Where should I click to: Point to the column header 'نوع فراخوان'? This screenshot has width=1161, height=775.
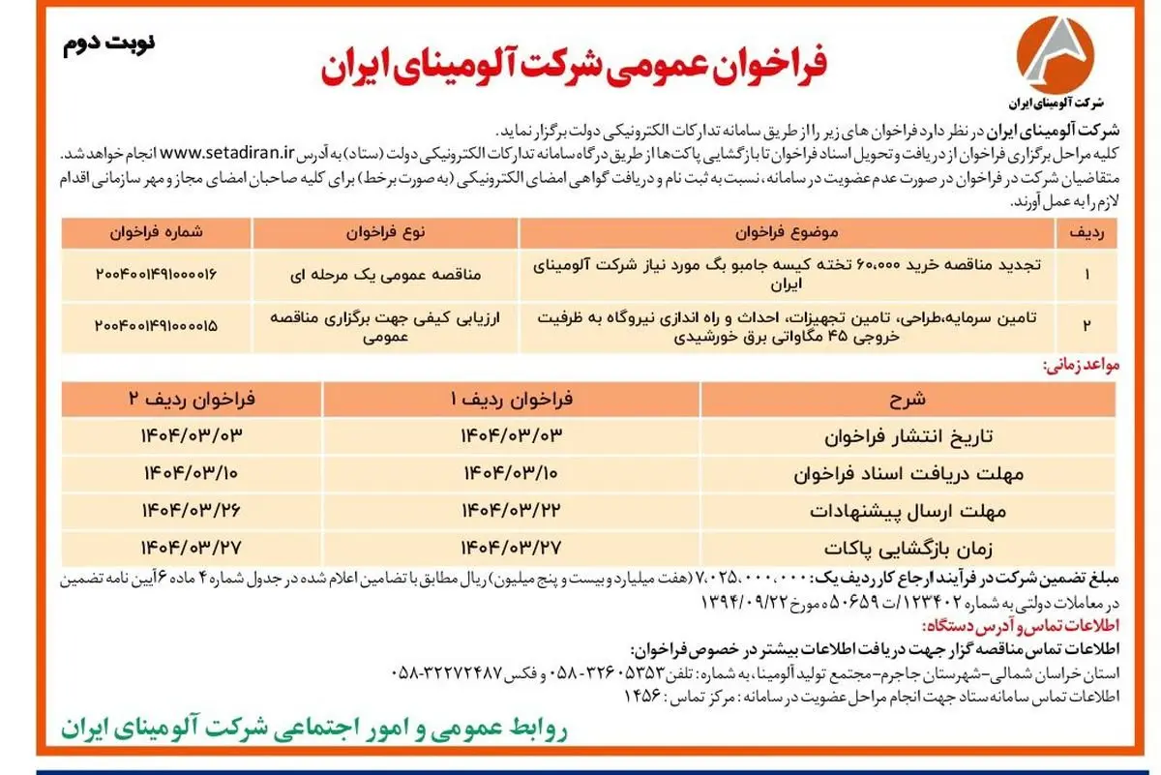[x=386, y=233]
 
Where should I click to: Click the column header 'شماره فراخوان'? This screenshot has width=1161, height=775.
[x=156, y=233]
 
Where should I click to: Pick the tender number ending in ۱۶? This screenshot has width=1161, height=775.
[x=156, y=275]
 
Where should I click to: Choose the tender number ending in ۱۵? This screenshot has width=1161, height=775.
[x=156, y=327]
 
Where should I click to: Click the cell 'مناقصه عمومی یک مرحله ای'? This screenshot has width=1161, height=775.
[x=386, y=275]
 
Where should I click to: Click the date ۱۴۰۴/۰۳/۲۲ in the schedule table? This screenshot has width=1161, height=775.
[x=511, y=509]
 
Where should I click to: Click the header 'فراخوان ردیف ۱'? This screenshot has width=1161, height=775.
[x=511, y=399]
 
